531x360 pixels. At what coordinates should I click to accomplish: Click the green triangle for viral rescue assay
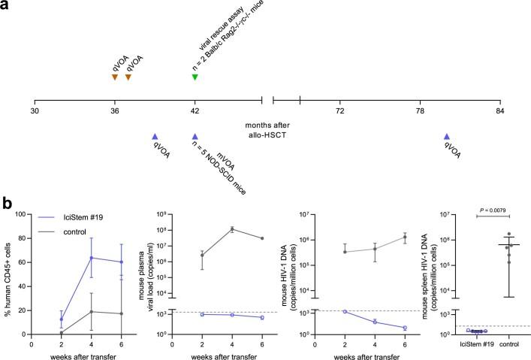pyautogui.click(x=195, y=77)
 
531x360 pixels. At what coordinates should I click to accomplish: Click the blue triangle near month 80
pyautogui.click(x=447, y=136)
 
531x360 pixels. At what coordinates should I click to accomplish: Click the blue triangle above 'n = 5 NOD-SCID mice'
pyautogui.click(x=195, y=136)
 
